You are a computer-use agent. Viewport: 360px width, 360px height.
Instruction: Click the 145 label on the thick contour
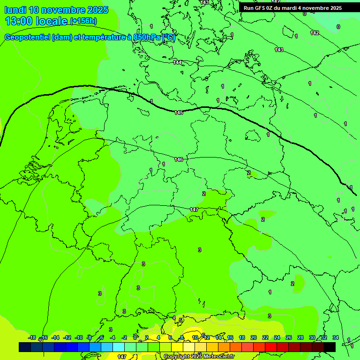tap(179, 112)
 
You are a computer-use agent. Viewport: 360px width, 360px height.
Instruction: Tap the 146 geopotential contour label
tap(179, 159)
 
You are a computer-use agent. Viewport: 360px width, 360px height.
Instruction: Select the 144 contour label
tap(177, 62)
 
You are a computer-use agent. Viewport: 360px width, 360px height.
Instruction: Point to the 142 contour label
tap(315, 33)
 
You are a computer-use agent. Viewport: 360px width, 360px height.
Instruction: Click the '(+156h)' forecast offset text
tap(83, 21)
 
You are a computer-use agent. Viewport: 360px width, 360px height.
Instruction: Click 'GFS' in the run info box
tap(261, 8)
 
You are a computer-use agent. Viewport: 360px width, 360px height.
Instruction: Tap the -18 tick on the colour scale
tap(32, 337)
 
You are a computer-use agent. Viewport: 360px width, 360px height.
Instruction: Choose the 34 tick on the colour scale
tap(335, 337)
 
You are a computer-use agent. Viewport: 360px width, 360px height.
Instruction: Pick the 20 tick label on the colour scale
tap(254, 337)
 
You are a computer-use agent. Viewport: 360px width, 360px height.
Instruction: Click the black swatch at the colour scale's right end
tap(329, 347)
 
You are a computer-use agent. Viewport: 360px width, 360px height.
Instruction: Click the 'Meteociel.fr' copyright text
tap(218, 357)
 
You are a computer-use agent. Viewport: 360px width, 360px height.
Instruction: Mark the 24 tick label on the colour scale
tap(277, 337)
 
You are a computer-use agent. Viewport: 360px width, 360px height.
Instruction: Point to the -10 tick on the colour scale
tap(79, 337)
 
